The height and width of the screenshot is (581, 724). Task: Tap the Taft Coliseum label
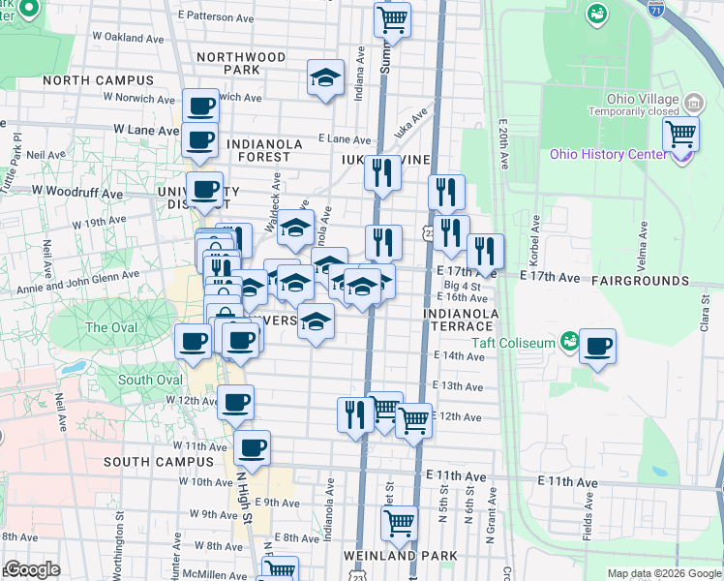pyautogui.click(x=513, y=343)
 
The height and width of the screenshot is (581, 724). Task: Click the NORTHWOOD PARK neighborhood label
pyautogui.click(x=241, y=63)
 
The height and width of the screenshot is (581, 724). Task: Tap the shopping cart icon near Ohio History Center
pyautogui.click(x=681, y=134)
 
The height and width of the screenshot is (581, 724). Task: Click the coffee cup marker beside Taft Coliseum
pyautogui.click(x=598, y=347)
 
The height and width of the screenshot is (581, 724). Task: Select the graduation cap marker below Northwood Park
pyautogui.click(x=326, y=77)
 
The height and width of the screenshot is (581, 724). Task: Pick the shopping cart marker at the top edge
pyautogui.click(x=392, y=18)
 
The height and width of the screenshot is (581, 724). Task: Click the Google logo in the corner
pyautogui.click(x=32, y=569)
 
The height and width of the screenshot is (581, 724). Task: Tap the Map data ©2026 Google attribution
pyautogui.click(x=664, y=573)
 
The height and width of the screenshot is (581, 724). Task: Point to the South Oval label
pyautogui.click(x=150, y=380)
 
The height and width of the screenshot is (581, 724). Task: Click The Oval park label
pyautogui.click(x=110, y=327)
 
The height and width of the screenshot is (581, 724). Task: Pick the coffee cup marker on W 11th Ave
pyautogui.click(x=252, y=447)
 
